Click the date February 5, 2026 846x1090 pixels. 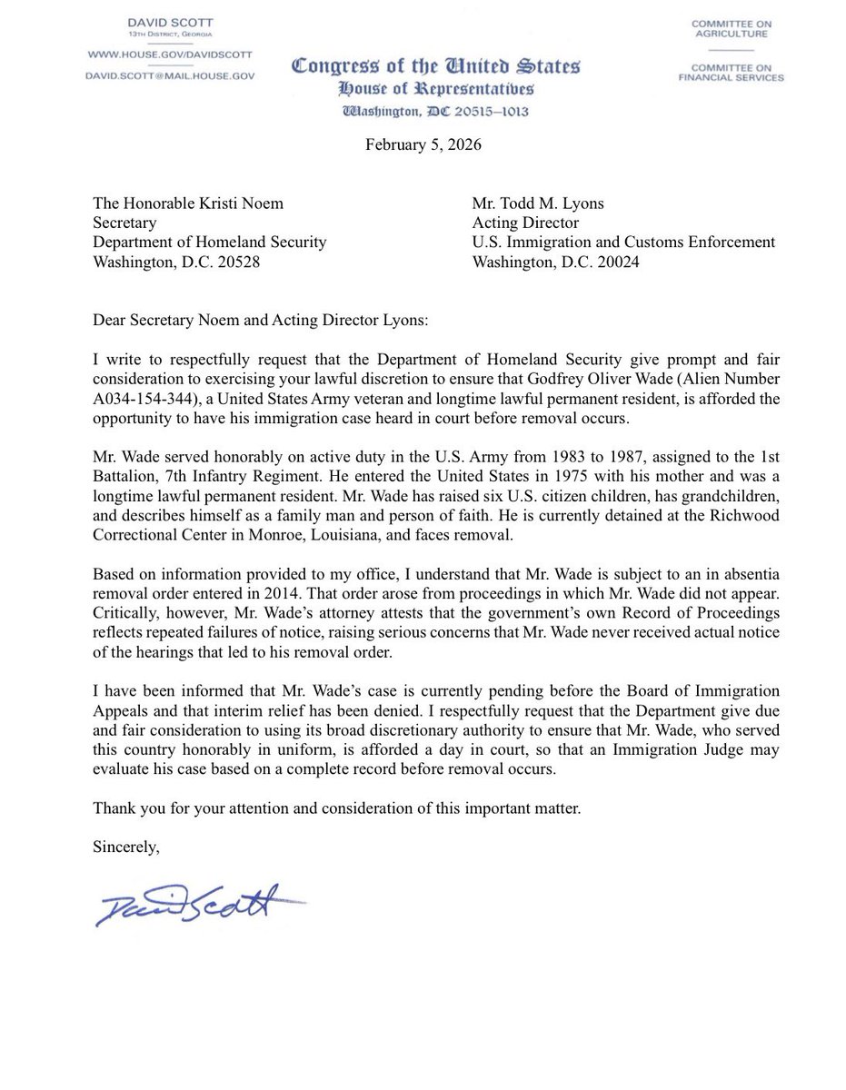[x=423, y=145]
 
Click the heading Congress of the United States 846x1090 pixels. [x=434, y=66]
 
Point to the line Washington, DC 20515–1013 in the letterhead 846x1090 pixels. [x=434, y=112]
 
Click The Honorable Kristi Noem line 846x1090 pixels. [x=188, y=203]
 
